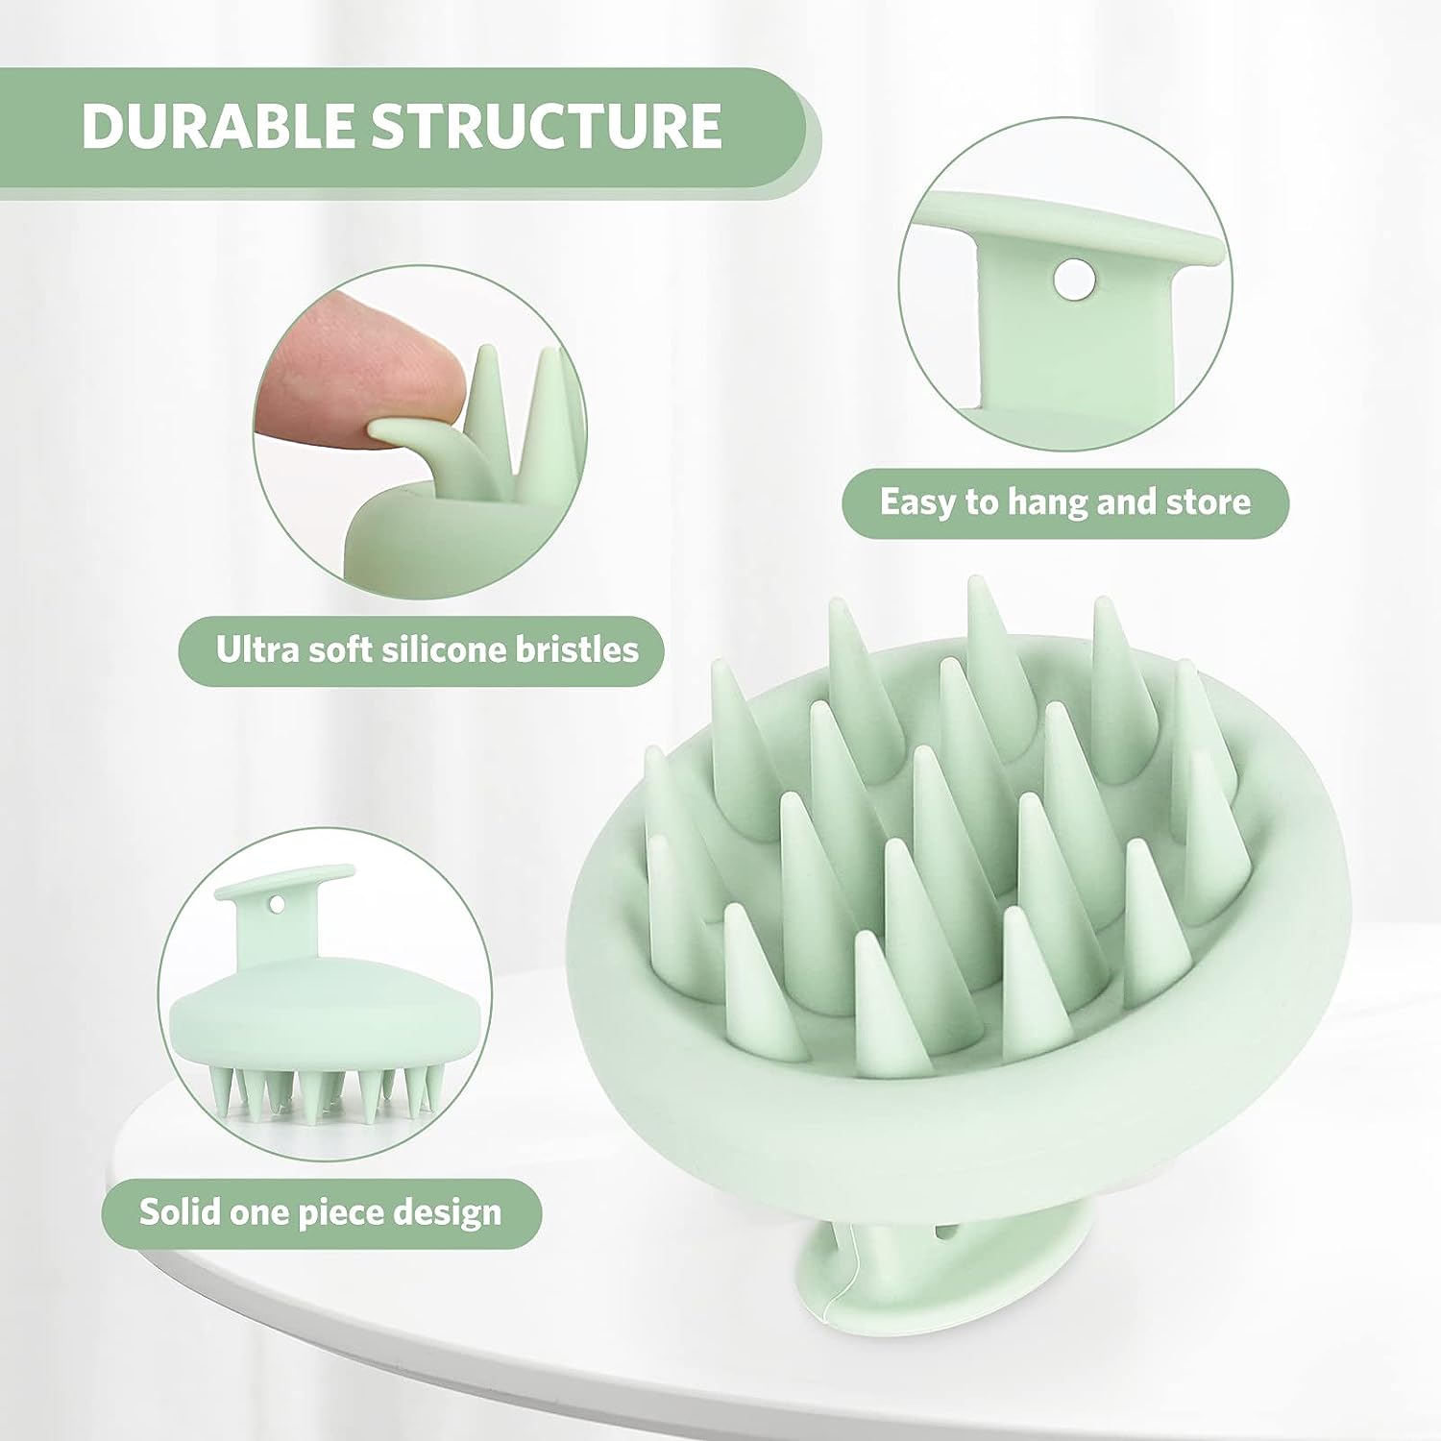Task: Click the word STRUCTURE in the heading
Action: (x=547, y=125)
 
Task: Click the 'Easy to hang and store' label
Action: (x=1064, y=502)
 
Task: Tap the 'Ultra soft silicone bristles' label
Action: (x=426, y=650)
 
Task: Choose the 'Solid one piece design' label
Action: (x=321, y=1212)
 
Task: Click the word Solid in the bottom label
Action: (x=175, y=1212)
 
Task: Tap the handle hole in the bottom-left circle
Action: (x=277, y=905)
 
